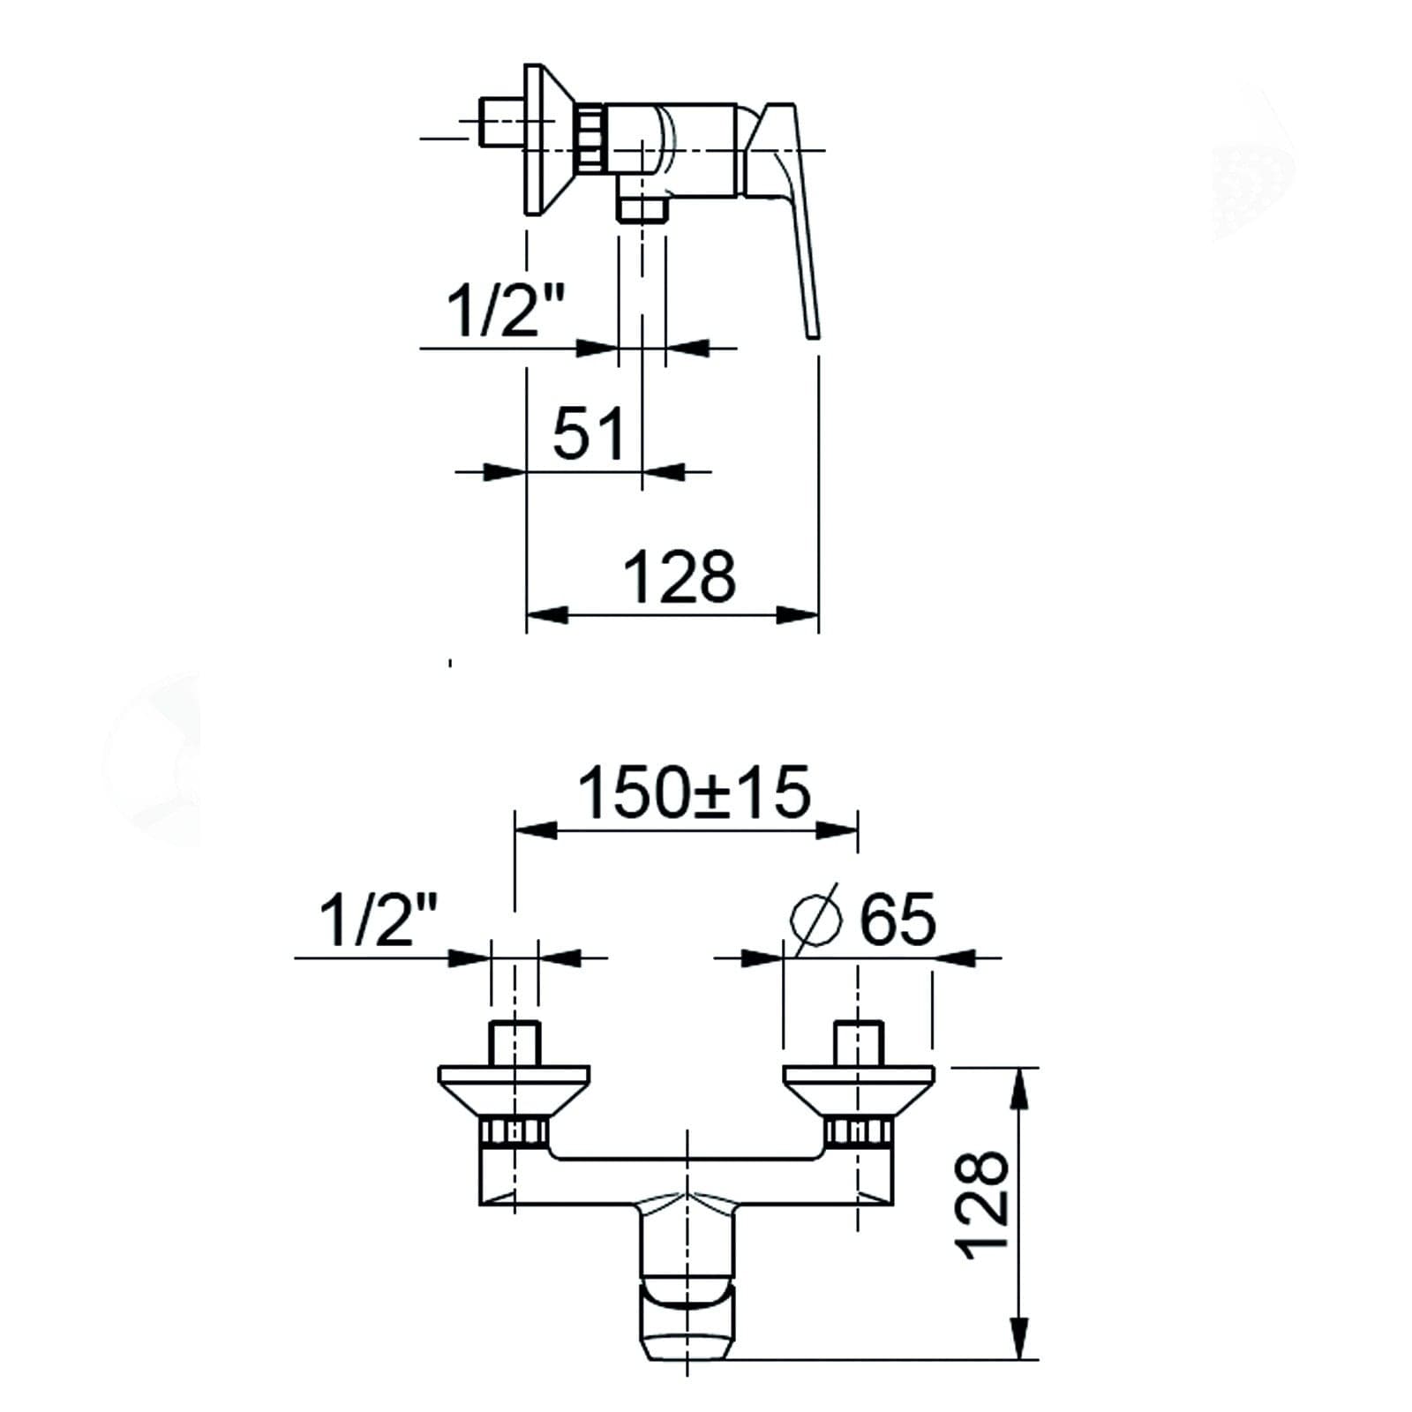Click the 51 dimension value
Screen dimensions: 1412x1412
pos(588,432)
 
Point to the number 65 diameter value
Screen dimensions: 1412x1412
pos(898,919)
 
